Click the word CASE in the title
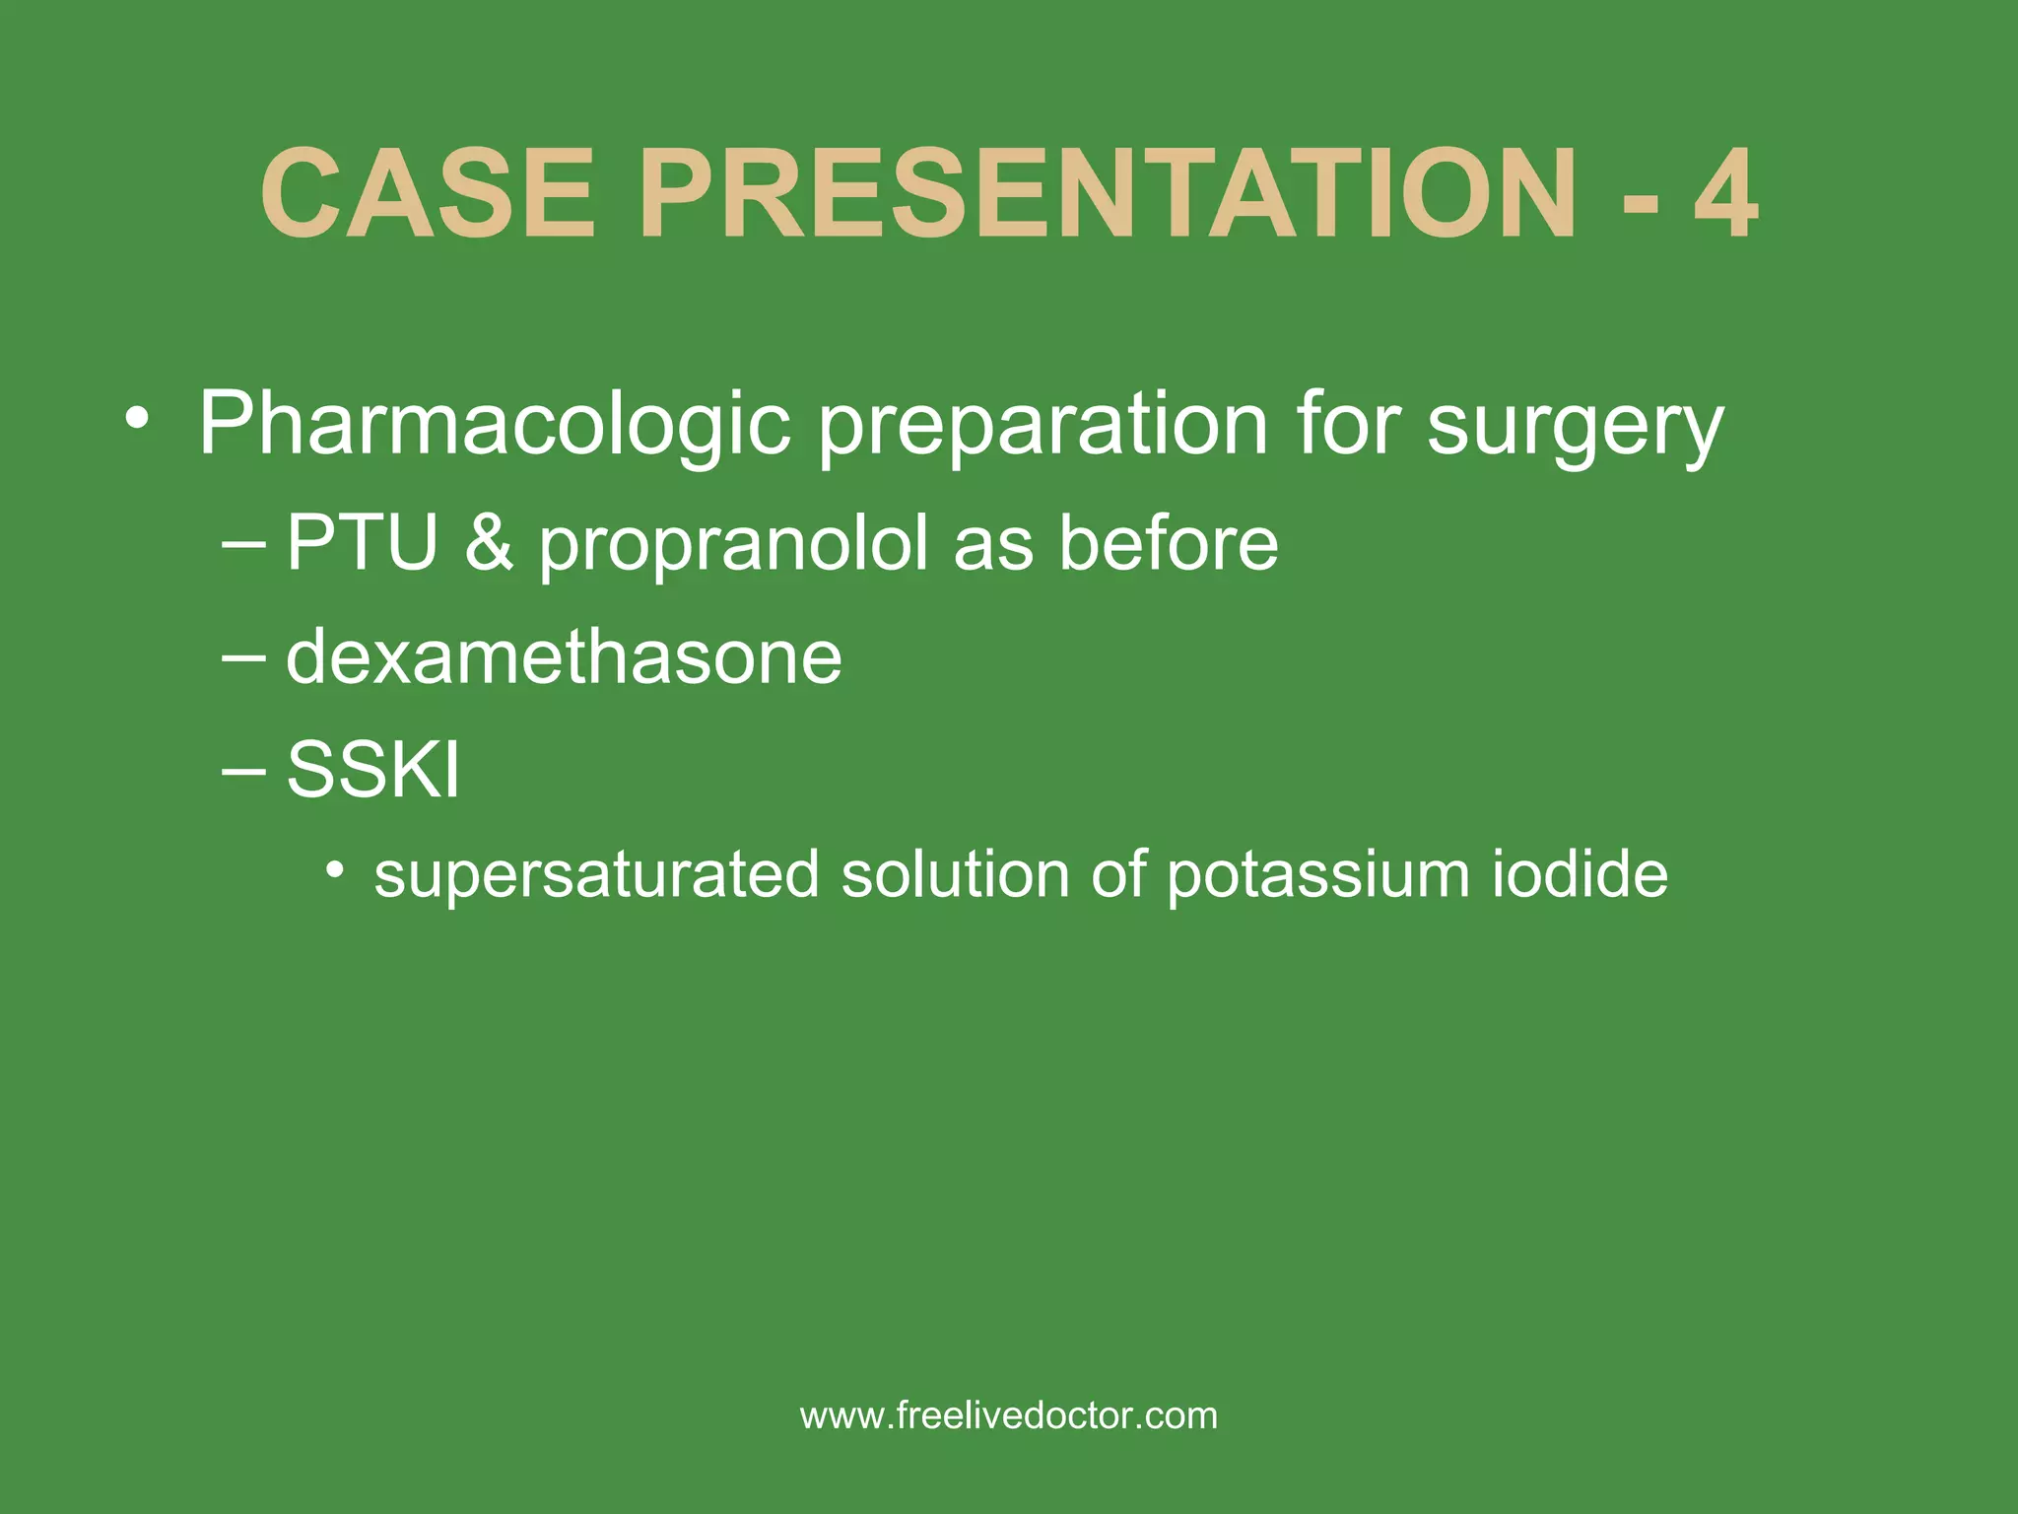[429, 194]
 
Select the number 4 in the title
[1726, 194]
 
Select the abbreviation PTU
[362, 543]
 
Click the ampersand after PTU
[489, 543]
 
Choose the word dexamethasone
[564, 657]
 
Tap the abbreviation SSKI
[372, 770]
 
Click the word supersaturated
[596, 875]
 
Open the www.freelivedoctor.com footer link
[1009, 1416]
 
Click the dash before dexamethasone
[243, 657]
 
